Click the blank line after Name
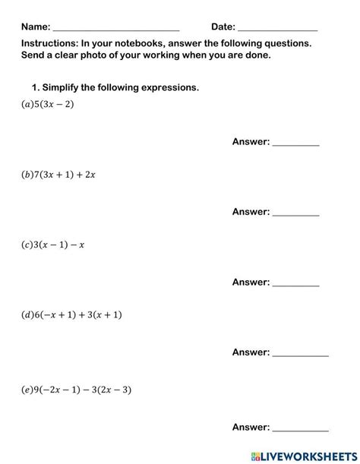(x=116, y=28)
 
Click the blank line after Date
(x=277, y=28)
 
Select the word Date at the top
(x=223, y=27)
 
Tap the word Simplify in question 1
(x=64, y=88)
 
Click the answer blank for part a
(x=295, y=143)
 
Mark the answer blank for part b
(x=295, y=213)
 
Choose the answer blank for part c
(x=295, y=283)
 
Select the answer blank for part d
(x=300, y=353)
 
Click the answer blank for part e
(x=300, y=428)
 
